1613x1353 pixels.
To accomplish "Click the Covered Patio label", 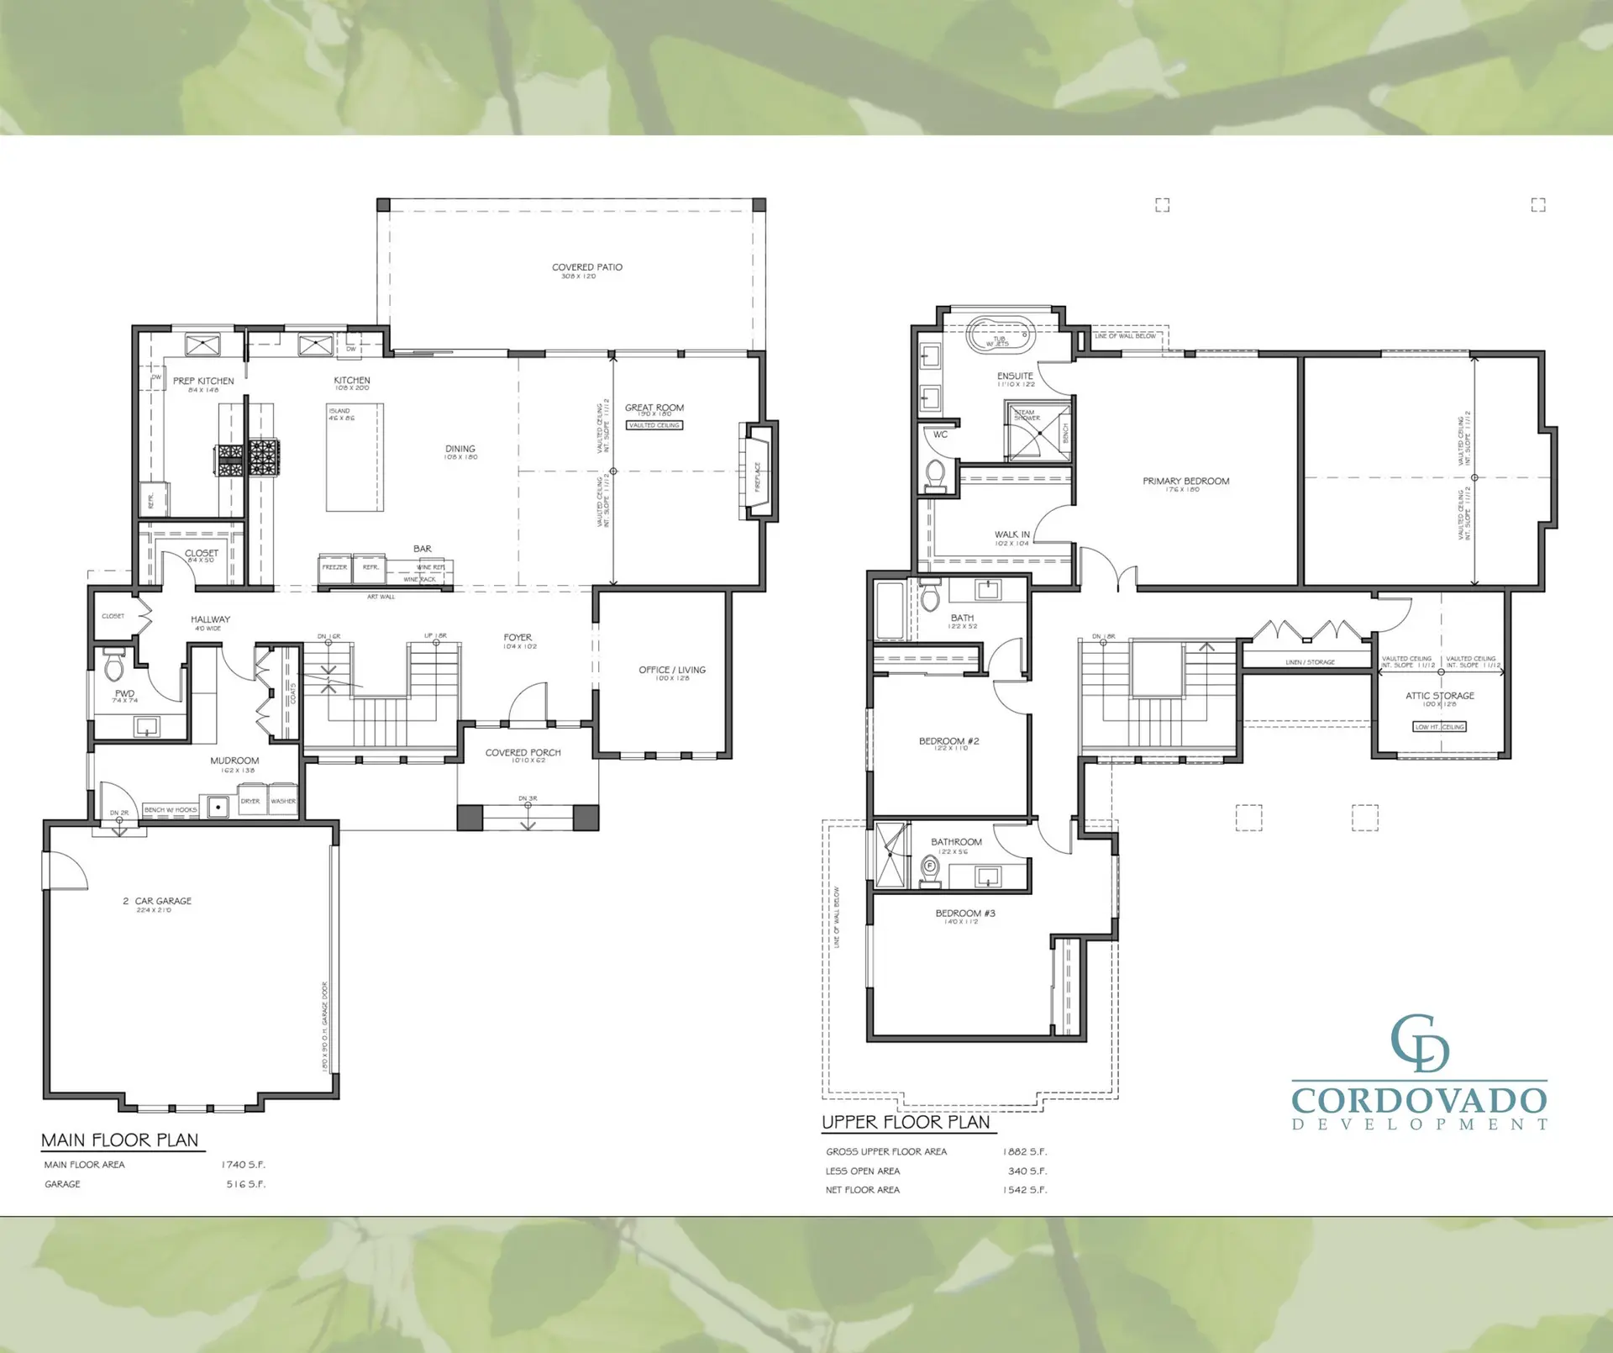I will (586, 268).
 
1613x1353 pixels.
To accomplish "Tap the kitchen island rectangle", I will (355, 458).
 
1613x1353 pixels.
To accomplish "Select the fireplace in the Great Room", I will (759, 471).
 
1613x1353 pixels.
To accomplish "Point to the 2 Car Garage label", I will (157, 901).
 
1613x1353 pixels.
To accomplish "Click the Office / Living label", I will (671, 671).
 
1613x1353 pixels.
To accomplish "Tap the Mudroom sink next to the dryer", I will (218, 807).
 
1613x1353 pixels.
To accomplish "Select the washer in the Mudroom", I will (283, 800).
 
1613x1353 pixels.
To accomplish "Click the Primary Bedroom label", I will (1185, 482).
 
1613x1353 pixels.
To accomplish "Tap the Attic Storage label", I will (1439, 696).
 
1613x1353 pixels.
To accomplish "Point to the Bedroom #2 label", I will (948, 741).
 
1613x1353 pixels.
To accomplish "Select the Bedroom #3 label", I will (964, 913).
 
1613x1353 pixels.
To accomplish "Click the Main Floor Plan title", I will (120, 1140).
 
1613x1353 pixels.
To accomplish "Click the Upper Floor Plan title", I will (906, 1123).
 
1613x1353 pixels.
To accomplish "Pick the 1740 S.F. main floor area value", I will (243, 1165).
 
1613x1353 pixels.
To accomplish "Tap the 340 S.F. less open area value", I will (1027, 1171).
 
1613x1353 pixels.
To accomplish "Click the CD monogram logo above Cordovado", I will (1420, 1044).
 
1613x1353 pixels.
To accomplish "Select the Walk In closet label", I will (1011, 534).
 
